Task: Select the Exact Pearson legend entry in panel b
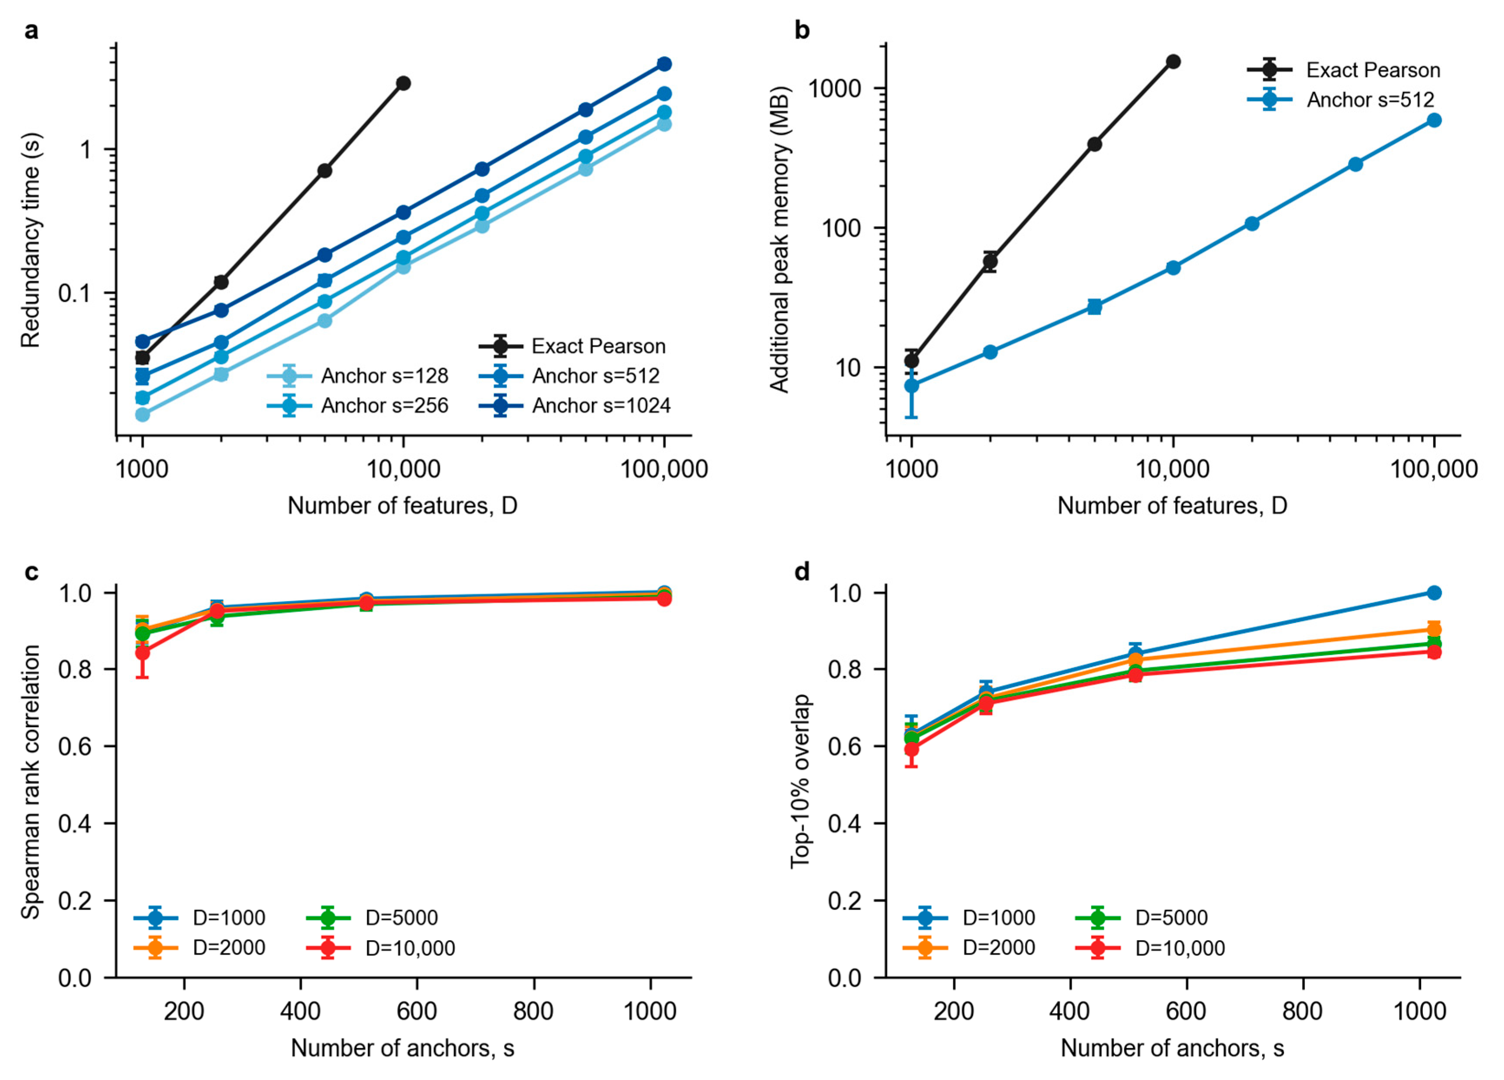[x=1343, y=69]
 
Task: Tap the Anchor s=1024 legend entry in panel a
[x=574, y=405]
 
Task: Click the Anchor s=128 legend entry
[x=358, y=376]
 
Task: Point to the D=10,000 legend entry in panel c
[x=381, y=948]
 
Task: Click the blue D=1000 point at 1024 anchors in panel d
[x=1434, y=592]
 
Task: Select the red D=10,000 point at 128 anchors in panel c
[x=142, y=652]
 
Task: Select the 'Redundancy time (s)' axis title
[x=31, y=240]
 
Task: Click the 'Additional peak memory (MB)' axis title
[x=780, y=240]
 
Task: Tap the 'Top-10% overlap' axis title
[x=801, y=781]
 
